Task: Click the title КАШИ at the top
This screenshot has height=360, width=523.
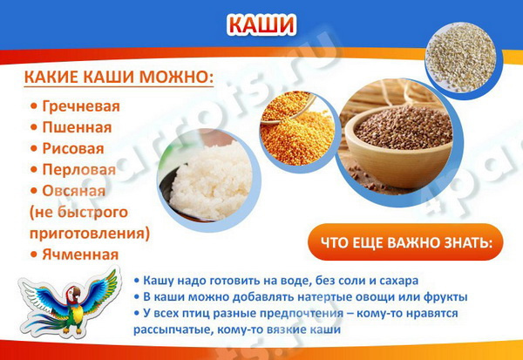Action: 261,24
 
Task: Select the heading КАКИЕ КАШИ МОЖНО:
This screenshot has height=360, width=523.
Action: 119,77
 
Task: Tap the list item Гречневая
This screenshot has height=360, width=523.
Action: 81,106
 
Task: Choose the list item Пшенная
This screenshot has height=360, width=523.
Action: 77,127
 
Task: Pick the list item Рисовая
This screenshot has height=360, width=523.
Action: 73,149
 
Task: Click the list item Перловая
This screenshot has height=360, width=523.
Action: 78,170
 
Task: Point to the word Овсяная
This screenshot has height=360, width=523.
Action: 73,191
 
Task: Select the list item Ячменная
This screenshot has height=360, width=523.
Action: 80,255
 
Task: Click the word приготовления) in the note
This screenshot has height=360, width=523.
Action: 90,234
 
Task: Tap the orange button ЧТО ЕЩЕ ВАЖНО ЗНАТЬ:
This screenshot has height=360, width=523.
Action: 405,242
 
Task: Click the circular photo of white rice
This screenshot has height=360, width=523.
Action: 209,180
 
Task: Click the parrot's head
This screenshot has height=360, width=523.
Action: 73,294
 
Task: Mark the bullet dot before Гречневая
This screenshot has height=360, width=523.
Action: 34,106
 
